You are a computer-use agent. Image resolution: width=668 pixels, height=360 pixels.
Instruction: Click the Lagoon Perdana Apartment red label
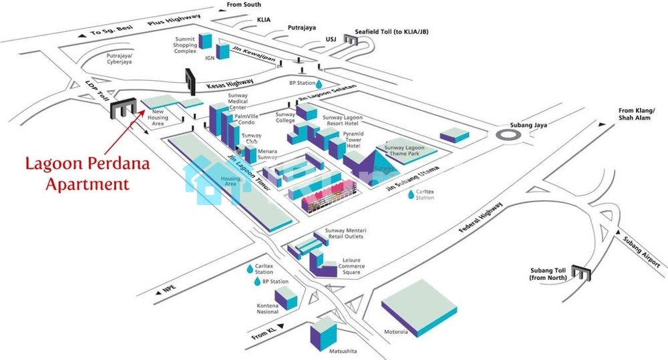[77, 174]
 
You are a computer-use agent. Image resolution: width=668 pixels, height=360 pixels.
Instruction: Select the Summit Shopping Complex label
[185, 45]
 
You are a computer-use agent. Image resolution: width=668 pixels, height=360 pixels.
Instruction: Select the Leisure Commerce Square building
[323, 266]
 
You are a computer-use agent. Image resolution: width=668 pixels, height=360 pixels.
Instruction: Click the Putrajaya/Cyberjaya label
[120, 59]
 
